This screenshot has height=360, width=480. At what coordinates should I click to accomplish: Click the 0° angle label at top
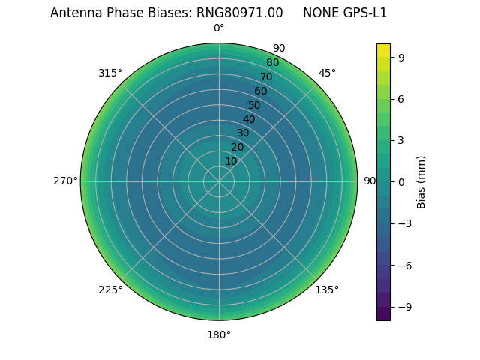(x=219, y=28)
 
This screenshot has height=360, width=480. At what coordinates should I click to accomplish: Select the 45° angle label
(x=327, y=73)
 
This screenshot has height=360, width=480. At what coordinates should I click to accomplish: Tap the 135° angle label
(x=327, y=289)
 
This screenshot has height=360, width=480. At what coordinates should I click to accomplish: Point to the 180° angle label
(x=219, y=334)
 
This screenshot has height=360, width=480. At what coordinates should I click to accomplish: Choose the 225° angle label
(x=110, y=289)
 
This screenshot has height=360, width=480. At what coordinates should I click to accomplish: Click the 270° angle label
(x=65, y=181)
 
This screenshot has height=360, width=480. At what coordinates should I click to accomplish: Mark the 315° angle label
(x=110, y=73)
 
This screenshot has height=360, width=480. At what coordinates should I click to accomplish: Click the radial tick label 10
(x=231, y=161)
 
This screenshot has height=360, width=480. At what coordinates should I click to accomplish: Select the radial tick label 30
(x=243, y=133)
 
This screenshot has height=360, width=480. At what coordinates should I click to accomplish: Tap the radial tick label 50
(x=255, y=106)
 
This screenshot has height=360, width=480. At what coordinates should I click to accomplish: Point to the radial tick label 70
(x=267, y=77)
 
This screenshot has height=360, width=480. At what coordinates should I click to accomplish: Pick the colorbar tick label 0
(x=402, y=181)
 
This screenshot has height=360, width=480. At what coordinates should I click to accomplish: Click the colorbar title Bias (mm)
(x=421, y=181)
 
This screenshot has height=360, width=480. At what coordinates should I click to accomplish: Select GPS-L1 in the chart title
(x=363, y=13)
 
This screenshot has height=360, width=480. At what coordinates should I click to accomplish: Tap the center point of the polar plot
(x=219, y=181)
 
